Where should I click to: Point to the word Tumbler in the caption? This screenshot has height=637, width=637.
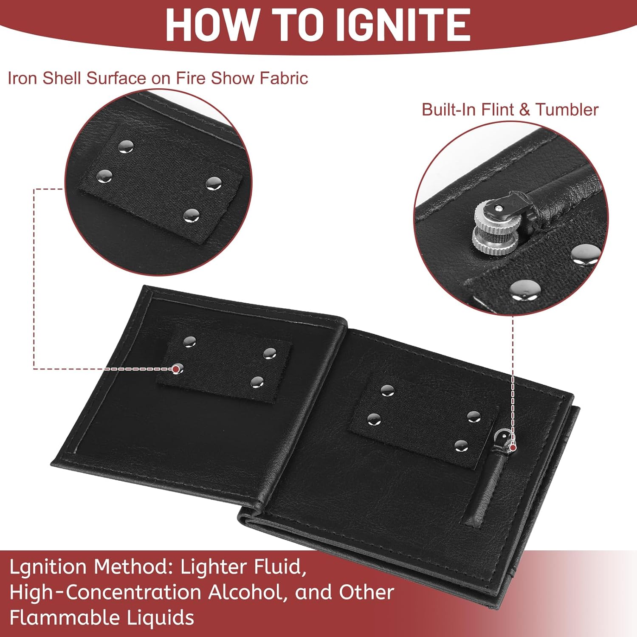pyautogui.click(x=567, y=110)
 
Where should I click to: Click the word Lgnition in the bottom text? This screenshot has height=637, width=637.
pyautogui.click(x=49, y=567)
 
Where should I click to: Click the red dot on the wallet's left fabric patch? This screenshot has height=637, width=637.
pyautogui.click(x=175, y=369)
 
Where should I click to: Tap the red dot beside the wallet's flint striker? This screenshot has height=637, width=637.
pyautogui.click(x=513, y=448)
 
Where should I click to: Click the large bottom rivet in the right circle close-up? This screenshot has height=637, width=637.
pyautogui.click(x=524, y=289)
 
